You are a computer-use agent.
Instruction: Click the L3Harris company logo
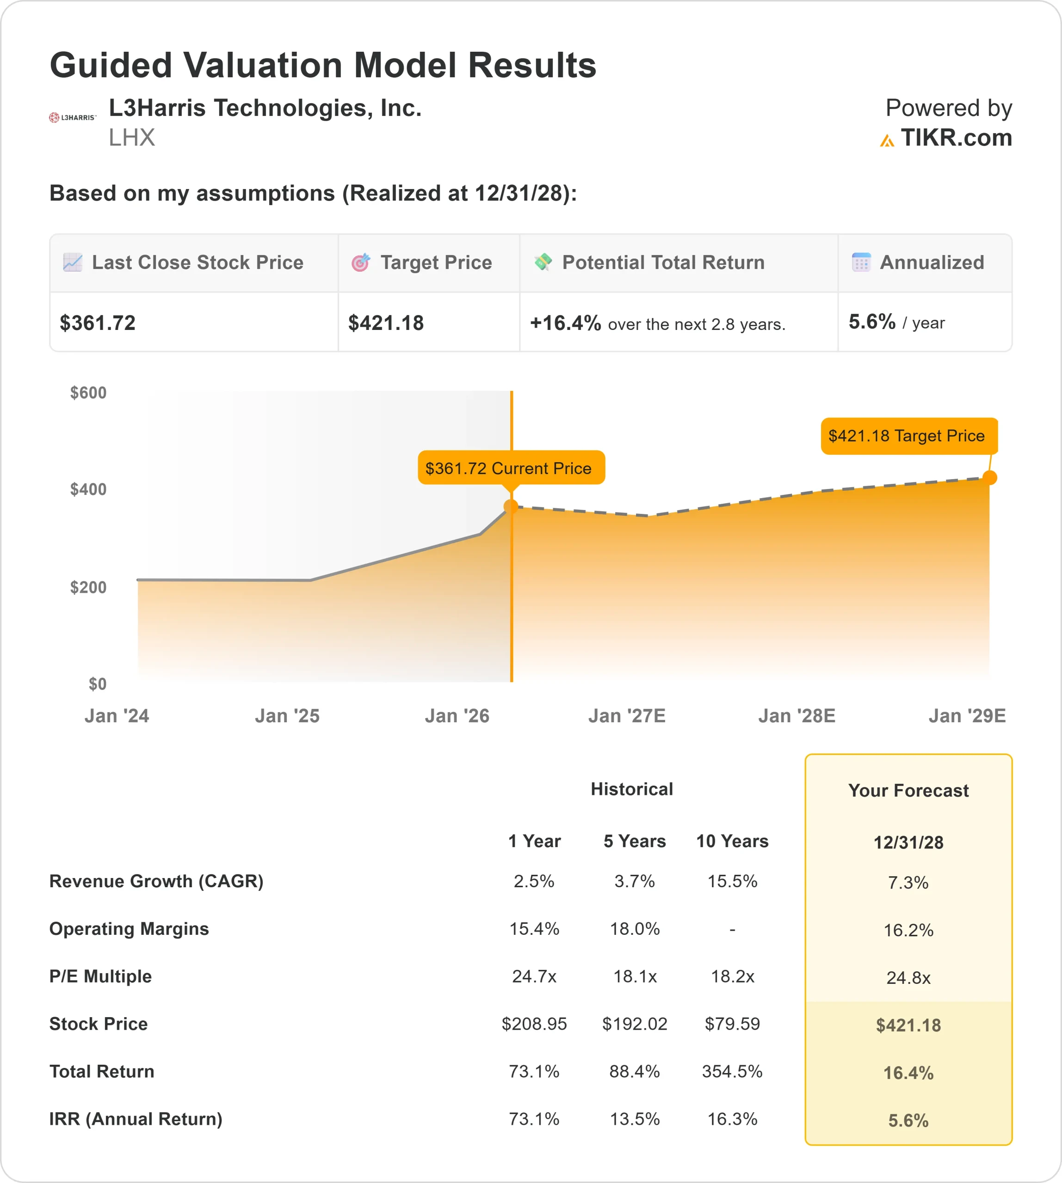click(72, 118)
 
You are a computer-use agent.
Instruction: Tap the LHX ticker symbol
click(132, 138)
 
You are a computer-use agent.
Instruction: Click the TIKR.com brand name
click(956, 138)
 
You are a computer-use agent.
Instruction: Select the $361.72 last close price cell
click(98, 323)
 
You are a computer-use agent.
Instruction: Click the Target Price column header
click(436, 262)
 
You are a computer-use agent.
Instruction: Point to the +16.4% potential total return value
click(565, 323)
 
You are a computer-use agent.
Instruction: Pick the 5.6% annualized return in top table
click(872, 322)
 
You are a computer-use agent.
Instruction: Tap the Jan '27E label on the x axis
click(627, 715)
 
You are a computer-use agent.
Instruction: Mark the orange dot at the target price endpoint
click(990, 477)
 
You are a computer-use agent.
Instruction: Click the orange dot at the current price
click(511, 506)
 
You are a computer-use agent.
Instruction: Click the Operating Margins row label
click(129, 928)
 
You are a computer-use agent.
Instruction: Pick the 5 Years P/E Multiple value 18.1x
click(635, 976)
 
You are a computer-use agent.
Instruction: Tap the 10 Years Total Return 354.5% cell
click(732, 1071)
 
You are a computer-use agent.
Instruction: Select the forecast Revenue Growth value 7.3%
click(908, 882)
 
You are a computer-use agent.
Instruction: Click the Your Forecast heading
click(908, 790)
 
